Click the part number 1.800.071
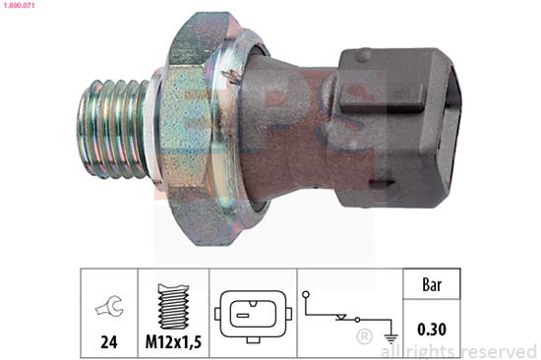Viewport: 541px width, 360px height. pyautogui.click(x=18, y=5)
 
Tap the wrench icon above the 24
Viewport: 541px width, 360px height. pyautogui.click(x=109, y=305)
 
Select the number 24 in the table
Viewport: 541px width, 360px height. pyautogui.click(x=109, y=341)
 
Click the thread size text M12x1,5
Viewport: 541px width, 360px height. pyautogui.click(x=173, y=341)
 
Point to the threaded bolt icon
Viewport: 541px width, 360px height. pyautogui.click(x=173, y=307)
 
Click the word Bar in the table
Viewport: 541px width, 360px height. pyautogui.click(x=432, y=285)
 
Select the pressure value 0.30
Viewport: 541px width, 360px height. pyautogui.click(x=432, y=329)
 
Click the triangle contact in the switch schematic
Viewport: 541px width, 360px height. pyautogui.click(x=341, y=317)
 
